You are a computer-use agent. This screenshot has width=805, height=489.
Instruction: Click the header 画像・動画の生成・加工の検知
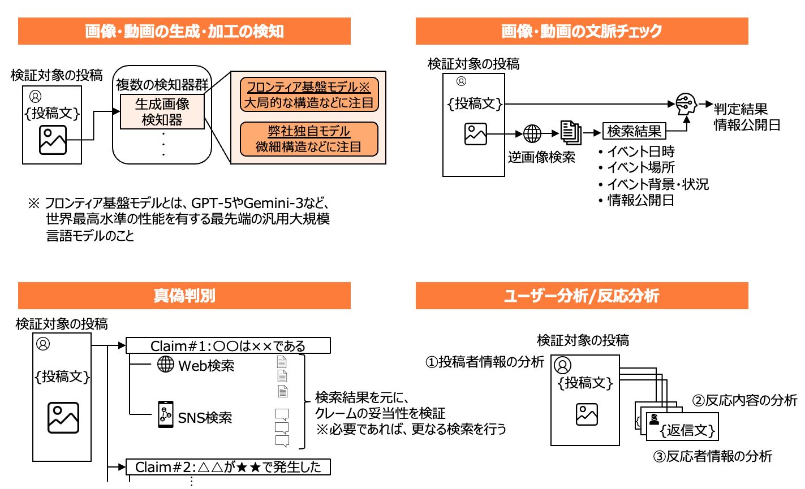184,31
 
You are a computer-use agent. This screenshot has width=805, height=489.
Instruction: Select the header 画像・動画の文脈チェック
582,31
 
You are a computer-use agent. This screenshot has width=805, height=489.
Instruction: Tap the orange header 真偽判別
184,296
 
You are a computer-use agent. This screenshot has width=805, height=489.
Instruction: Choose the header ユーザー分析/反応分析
582,296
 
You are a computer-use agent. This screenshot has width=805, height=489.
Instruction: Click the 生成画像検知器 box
162,112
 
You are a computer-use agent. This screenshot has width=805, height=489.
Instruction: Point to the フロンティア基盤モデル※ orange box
309,94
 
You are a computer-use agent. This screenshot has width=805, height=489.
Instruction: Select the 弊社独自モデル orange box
309,139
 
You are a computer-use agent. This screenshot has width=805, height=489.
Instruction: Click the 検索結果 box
634,131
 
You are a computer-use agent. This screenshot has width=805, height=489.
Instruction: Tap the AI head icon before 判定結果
686,105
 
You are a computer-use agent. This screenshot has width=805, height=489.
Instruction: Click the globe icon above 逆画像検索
532,133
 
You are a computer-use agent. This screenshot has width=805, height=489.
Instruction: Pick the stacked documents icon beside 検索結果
571,133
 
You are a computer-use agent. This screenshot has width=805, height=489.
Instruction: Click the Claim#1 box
228,345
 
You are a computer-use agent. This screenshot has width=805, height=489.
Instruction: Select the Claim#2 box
228,467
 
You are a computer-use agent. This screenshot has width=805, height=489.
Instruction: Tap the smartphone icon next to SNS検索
165,414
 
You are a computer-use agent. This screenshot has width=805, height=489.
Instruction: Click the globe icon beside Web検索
166,364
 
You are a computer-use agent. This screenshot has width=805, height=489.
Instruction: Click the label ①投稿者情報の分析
485,362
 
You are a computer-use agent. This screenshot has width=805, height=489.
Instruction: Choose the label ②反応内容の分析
744,400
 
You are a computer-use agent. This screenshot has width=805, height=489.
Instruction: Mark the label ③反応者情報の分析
712,456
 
